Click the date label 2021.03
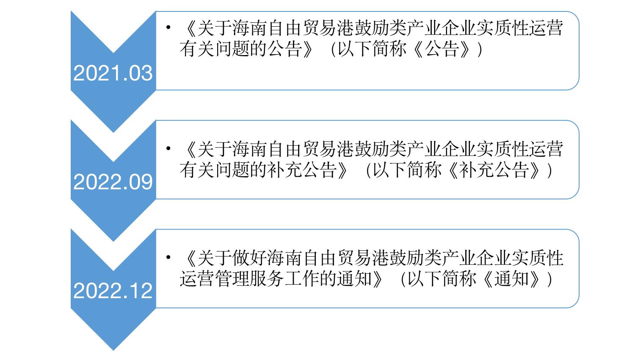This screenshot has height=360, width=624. pyautogui.click(x=113, y=73)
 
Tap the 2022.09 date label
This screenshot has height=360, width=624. pyautogui.click(x=113, y=182)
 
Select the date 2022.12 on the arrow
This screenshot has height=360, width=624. pyautogui.click(x=113, y=291)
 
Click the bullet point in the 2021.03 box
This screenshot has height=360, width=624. pyautogui.click(x=168, y=28)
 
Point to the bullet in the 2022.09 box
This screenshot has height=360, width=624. pyautogui.click(x=168, y=149)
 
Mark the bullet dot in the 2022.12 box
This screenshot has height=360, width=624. pyautogui.click(x=168, y=258)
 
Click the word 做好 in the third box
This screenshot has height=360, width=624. pyautogui.click(x=250, y=258)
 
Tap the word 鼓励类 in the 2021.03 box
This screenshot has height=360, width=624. pyautogui.click(x=389, y=29)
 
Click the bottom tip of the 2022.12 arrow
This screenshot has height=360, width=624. pyautogui.click(x=113, y=349)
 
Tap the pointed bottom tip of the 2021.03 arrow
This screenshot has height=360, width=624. pyautogui.click(x=113, y=132)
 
